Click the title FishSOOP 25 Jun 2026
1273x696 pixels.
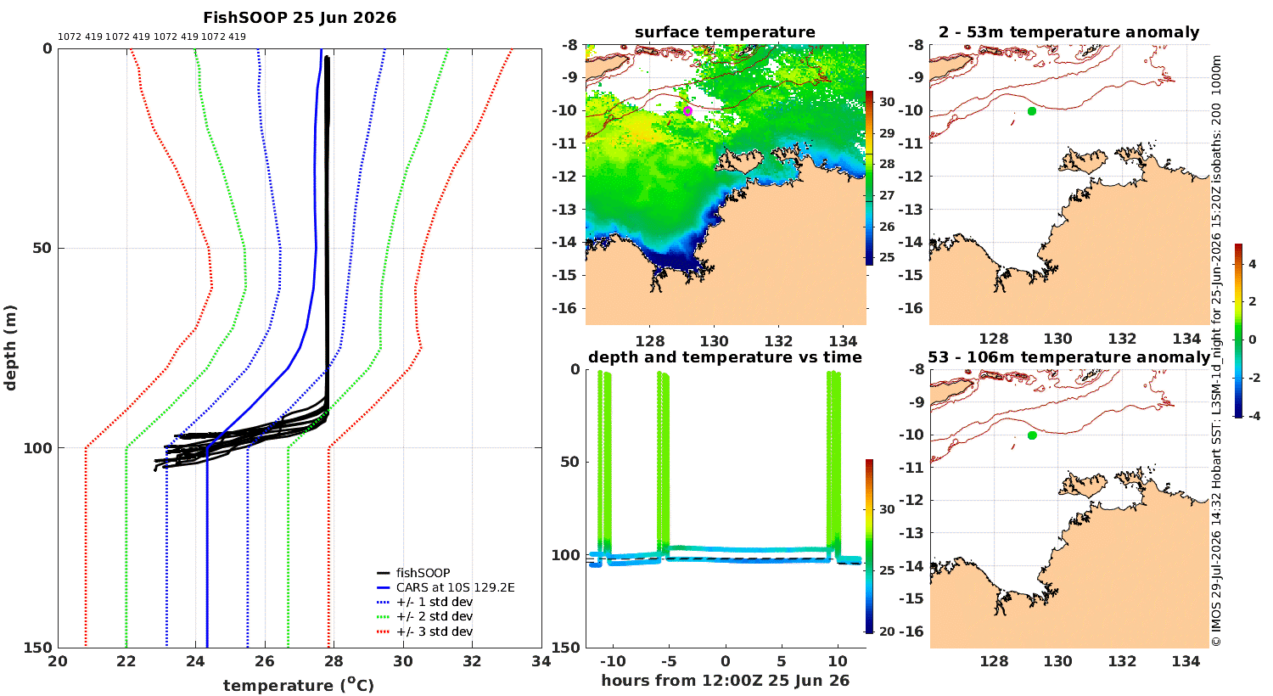(300, 18)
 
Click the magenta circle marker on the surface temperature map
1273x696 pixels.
(687, 111)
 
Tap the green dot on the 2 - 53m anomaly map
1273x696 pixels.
(1031, 111)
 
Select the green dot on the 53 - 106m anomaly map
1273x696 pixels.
(1032, 435)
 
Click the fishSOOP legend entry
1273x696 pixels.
(414, 573)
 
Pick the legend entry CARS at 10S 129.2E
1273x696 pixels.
(446, 587)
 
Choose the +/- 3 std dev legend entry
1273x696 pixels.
(425, 631)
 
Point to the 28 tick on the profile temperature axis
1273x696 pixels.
(334, 661)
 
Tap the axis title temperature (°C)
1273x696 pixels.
(299, 685)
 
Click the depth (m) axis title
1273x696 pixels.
(10, 348)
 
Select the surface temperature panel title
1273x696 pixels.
(725, 32)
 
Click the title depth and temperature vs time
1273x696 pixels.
(725, 357)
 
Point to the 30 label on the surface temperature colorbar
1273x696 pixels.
(887, 102)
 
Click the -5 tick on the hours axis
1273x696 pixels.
(669, 661)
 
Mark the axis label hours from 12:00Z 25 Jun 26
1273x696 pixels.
(725, 681)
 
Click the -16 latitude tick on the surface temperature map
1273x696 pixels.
(564, 308)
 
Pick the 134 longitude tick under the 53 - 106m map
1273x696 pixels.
(1186, 661)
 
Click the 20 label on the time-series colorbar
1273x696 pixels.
(887, 631)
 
